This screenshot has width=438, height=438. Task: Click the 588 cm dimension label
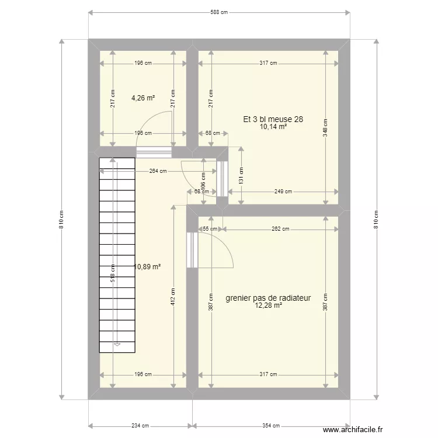[x=219, y=12]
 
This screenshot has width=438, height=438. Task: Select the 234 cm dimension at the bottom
[x=140, y=426]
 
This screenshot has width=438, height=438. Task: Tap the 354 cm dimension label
[x=270, y=426]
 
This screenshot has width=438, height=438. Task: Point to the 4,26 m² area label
[x=143, y=98]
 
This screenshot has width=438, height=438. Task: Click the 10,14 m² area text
[x=274, y=127]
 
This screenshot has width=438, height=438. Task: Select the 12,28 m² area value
[x=269, y=305]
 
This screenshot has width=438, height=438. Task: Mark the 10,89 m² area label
[x=148, y=266]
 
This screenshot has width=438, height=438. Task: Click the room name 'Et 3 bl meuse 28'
[x=273, y=119]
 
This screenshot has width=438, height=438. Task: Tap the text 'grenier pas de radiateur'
[x=268, y=298]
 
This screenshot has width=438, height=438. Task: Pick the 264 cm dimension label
[x=158, y=171]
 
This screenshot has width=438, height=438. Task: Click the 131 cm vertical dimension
[x=241, y=175]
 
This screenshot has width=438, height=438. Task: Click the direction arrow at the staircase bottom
[x=117, y=345]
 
